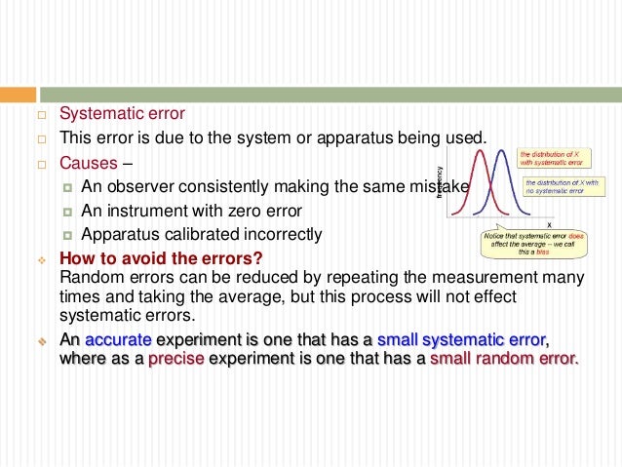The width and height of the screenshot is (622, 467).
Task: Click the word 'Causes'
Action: [88, 162]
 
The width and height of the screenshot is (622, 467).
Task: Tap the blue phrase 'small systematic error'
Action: [462, 340]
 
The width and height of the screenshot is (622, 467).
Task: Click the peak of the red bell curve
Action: [477, 152]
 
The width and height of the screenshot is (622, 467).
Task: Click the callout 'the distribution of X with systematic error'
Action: [552, 158]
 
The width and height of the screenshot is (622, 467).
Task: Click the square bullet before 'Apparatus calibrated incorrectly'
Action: [66, 235]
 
